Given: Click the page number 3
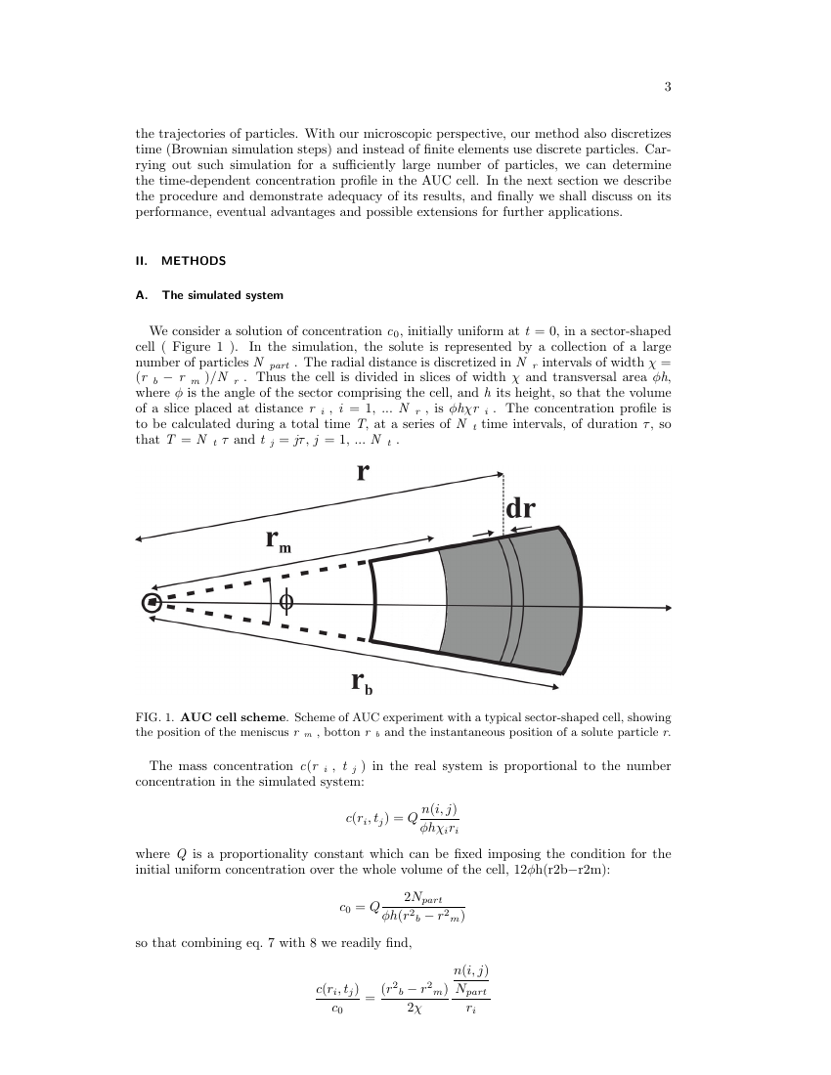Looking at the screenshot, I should tap(667, 87).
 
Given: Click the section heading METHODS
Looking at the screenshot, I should tap(194, 261).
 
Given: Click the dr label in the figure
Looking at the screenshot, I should tap(520, 509).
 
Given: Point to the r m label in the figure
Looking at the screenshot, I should tap(278, 539).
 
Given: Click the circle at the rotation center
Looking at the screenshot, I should tap(152, 603).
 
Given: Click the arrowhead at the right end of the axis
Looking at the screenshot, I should tap(668, 608).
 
